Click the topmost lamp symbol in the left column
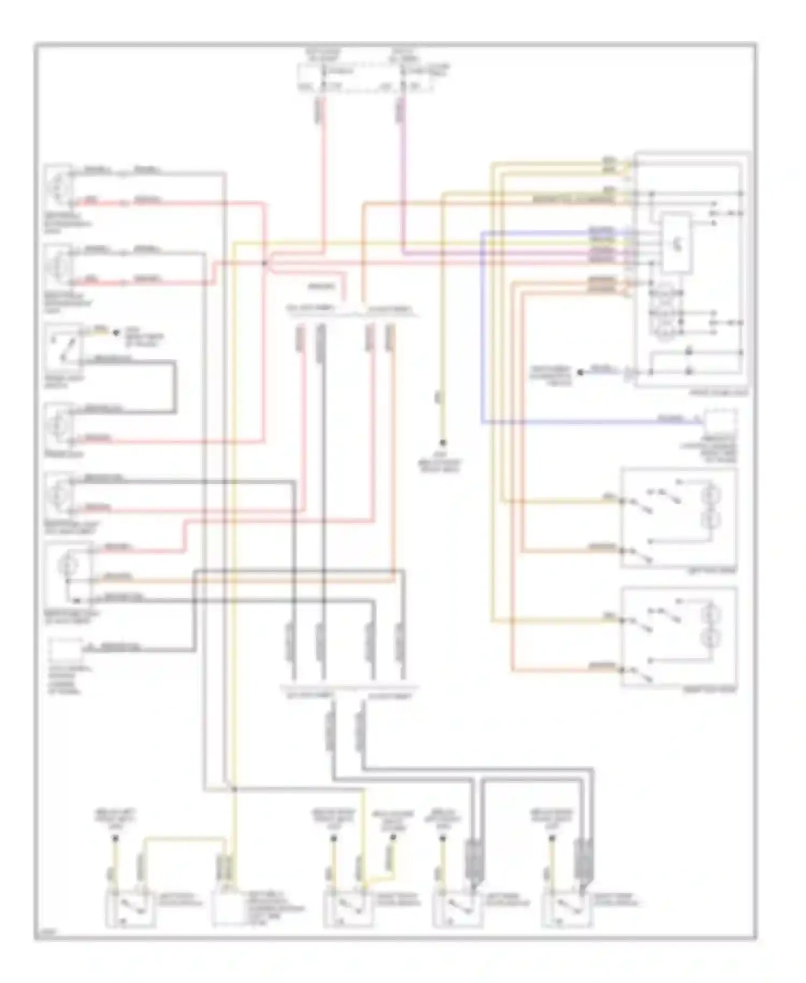pyautogui.click(x=59, y=186)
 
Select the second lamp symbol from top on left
pyautogui.click(x=59, y=266)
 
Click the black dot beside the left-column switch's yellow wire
pyautogui.click(x=116, y=333)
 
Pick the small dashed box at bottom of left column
pyautogui.click(x=65, y=652)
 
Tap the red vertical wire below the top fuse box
pyautogui.click(x=324, y=177)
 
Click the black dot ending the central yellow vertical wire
pyautogui.click(x=443, y=443)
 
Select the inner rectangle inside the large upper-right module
pyautogui.click(x=675, y=243)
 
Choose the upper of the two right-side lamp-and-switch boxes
pyautogui.click(x=679, y=517)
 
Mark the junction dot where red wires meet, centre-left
pyautogui.click(x=264, y=263)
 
